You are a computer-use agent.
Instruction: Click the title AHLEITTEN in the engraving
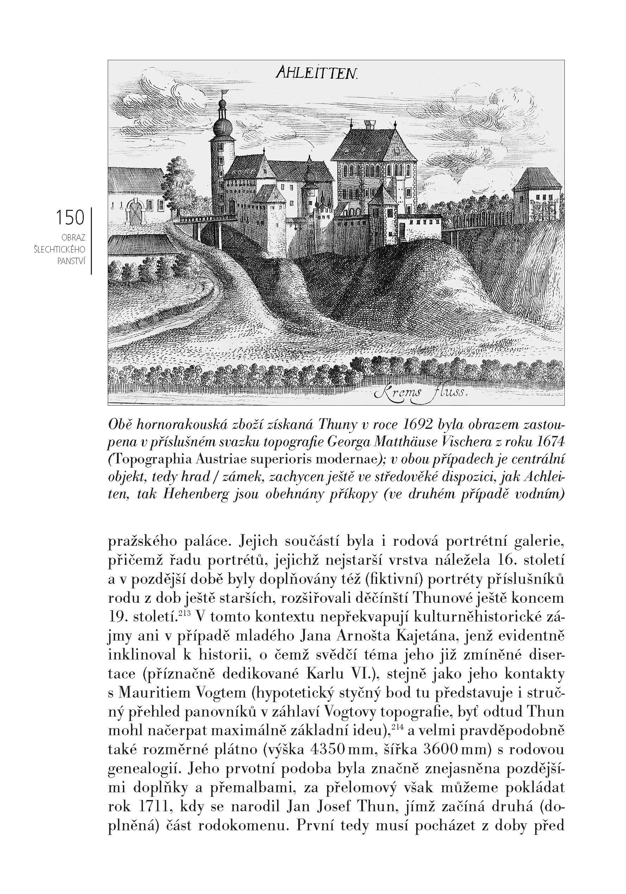pos(316,73)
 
